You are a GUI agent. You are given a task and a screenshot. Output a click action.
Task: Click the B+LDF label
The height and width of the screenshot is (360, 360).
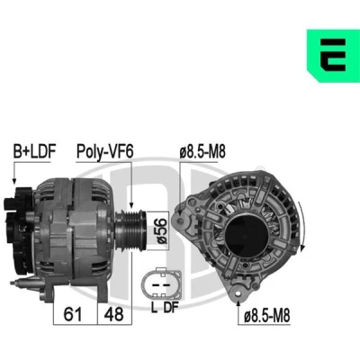34,151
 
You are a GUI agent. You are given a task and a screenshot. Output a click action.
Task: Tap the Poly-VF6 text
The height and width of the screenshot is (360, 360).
104,151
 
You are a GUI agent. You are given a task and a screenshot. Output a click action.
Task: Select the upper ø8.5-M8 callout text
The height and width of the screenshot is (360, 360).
202,152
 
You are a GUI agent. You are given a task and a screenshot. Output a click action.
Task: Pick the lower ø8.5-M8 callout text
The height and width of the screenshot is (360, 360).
266,315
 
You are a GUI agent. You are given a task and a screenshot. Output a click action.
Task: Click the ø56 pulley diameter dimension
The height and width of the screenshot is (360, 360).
162,230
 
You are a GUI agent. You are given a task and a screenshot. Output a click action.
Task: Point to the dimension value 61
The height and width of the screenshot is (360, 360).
73,314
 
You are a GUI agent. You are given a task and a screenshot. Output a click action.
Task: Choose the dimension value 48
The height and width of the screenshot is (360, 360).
113,314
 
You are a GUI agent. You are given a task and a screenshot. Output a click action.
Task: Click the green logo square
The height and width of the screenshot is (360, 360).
333,56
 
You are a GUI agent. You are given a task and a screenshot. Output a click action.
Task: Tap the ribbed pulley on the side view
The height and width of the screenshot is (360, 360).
130,231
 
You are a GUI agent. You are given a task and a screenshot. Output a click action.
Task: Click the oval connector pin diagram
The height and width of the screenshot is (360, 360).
162,283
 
